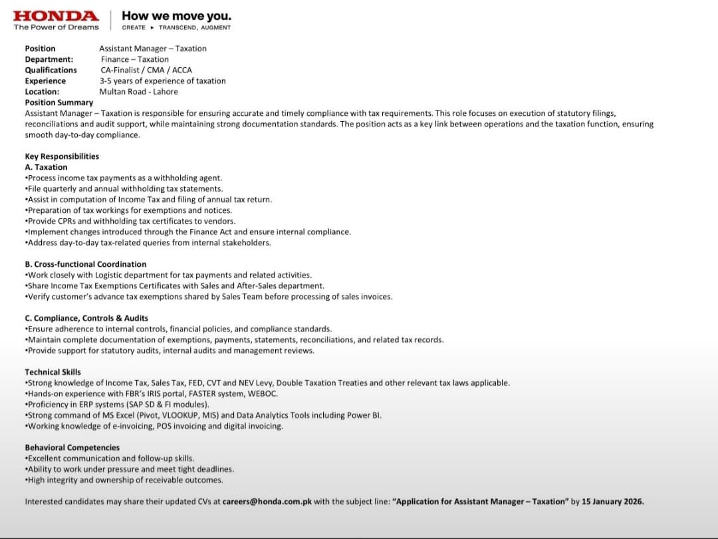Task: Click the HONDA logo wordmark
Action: pyautogui.click(x=56, y=15)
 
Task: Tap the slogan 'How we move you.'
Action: pyautogui.click(x=177, y=16)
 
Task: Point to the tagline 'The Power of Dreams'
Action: pyautogui.click(x=56, y=27)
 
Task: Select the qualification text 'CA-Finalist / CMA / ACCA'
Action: pyautogui.click(x=146, y=70)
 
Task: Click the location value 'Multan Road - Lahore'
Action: pyautogui.click(x=138, y=92)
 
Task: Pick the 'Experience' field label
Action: pyautogui.click(x=45, y=81)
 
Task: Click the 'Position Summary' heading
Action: pyautogui.click(x=59, y=102)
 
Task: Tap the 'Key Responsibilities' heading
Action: pyautogui.click(x=62, y=156)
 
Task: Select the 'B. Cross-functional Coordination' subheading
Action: pyautogui.click(x=86, y=264)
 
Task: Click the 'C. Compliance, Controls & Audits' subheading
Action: pyautogui.click(x=86, y=318)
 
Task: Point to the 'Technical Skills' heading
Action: pyautogui.click(x=53, y=372)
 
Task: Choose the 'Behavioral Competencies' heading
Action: pyautogui.click(x=72, y=448)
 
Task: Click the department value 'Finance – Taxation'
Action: pyautogui.click(x=135, y=59)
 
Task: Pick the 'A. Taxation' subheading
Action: pyautogui.click(x=46, y=167)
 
